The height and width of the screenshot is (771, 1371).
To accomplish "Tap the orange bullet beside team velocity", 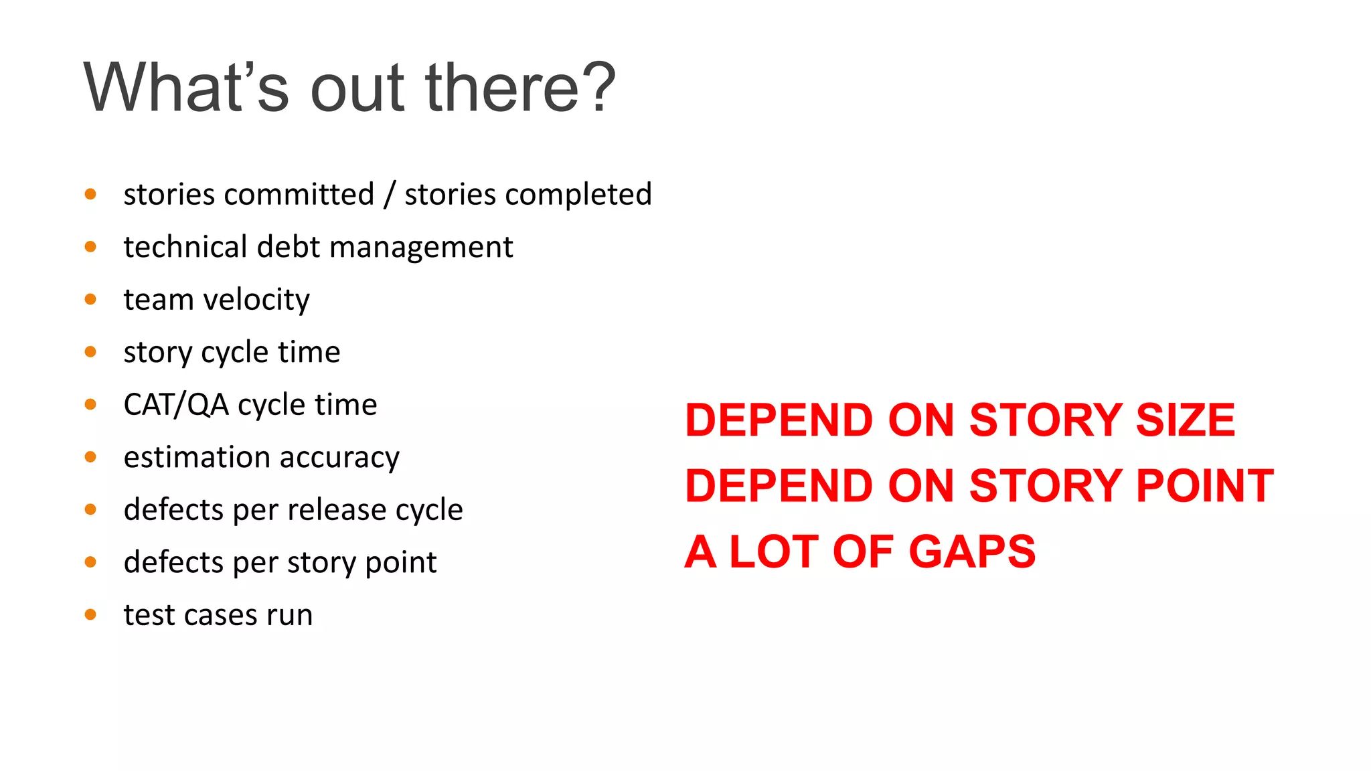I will click(90, 299).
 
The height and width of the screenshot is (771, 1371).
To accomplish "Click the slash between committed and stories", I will click(389, 195).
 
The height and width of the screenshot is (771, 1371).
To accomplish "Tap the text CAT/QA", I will click(176, 405).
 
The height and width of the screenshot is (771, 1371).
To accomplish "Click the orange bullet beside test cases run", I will click(90, 614).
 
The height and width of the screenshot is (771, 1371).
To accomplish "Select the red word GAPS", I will click(972, 552).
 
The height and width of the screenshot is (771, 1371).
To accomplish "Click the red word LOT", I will click(774, 552).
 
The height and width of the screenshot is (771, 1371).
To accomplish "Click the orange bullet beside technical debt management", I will click(90, 247).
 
